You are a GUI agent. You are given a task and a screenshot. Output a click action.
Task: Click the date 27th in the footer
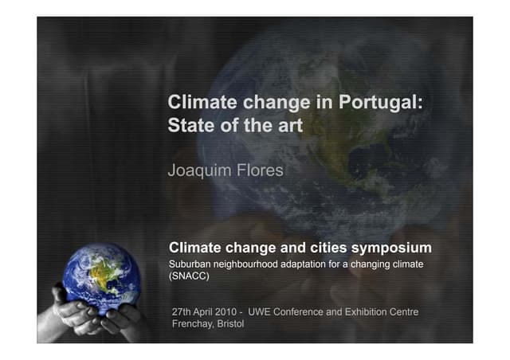coord(183,311)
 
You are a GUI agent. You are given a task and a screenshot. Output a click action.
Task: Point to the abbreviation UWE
coord(261,311)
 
